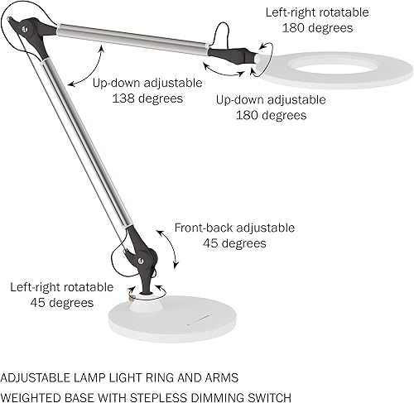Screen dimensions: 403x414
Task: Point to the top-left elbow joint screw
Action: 25,28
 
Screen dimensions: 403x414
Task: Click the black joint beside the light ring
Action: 236,55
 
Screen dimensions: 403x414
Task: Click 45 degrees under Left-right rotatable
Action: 63,303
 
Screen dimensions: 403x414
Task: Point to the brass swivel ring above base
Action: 132,290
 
